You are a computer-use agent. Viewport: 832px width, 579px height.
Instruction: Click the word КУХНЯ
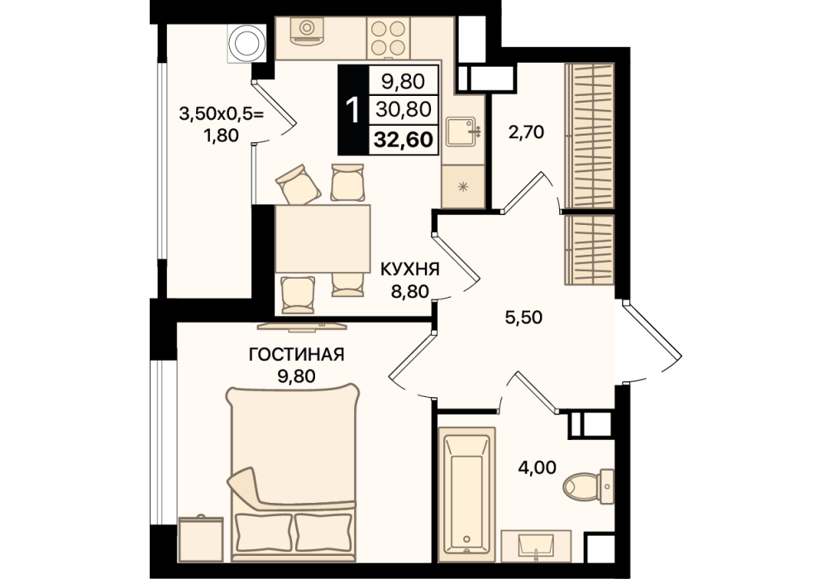click(x=410, y=270)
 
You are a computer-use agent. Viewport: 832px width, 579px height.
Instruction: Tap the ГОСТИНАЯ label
click(x=297, y=354)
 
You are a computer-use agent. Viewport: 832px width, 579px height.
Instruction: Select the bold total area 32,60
click(x=404, y=140)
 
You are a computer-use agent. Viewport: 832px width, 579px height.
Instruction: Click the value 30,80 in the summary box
click(x=404, y=109)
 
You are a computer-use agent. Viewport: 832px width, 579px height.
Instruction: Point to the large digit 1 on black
click(x=353, y=110)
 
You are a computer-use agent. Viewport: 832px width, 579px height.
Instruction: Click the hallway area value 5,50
click(x=524, y=318)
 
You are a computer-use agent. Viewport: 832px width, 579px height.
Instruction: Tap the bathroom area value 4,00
click(x=538, y=467)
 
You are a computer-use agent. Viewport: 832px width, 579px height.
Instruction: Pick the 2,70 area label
click(x=526, y=132)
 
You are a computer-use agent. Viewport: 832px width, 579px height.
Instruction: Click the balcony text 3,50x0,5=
click(x=222, y=113)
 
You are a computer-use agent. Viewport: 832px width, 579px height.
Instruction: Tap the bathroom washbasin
click(x=536, y=545)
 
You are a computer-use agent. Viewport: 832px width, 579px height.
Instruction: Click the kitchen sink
click(x=462, y=131)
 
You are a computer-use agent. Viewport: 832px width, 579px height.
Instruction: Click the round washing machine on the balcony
click(x=246, y=44)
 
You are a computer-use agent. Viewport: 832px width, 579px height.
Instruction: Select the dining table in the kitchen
click(x=322, y=238)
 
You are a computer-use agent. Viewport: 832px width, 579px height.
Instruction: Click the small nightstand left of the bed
click(x=201, y=538)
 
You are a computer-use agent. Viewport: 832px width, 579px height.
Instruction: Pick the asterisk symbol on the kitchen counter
click(x=463, y=186)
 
